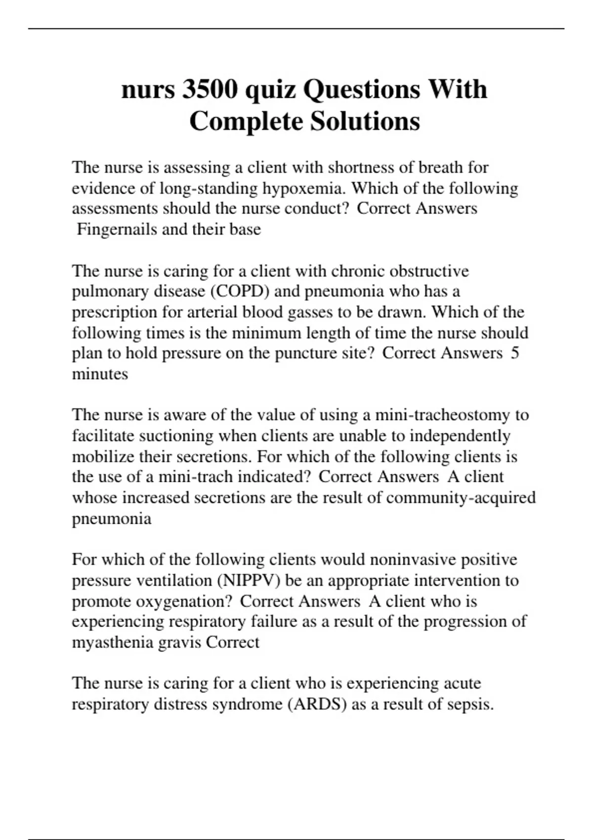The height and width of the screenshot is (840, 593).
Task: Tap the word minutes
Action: tap(100, 374)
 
